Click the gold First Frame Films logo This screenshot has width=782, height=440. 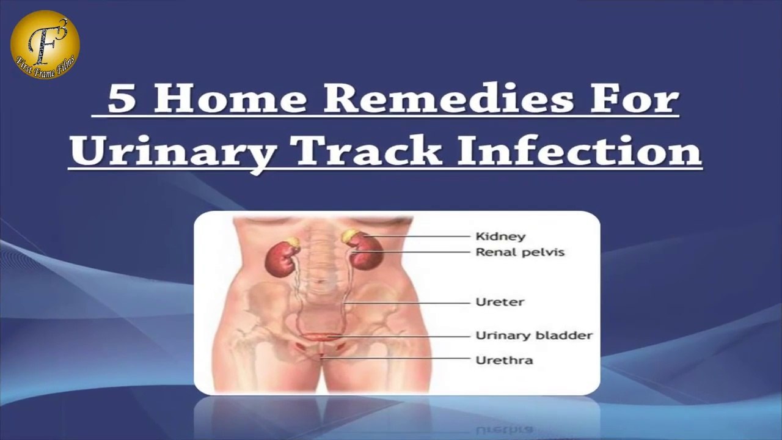point(45,45)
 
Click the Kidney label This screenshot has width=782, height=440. point(500,237)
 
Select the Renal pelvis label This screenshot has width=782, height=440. point(520,252)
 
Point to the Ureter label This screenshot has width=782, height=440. point(500,302)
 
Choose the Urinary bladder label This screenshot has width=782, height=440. point(534,335)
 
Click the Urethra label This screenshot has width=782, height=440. point(504,360)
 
